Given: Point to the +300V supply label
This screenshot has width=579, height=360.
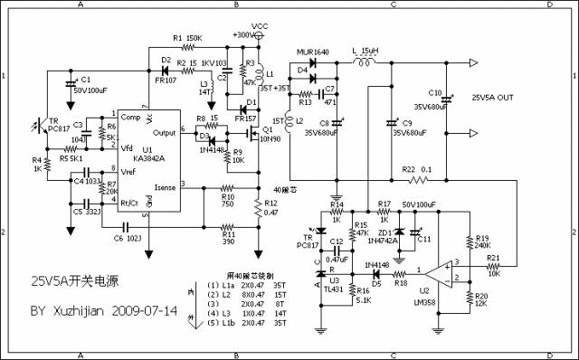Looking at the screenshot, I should point(242,34).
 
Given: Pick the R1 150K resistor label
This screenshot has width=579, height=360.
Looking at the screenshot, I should point(186,37).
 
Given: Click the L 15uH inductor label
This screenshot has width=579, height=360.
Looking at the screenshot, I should point(365,52).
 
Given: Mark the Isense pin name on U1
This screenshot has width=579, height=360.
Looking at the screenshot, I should point(166,187).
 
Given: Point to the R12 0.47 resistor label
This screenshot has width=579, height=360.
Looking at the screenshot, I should point(270,207).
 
